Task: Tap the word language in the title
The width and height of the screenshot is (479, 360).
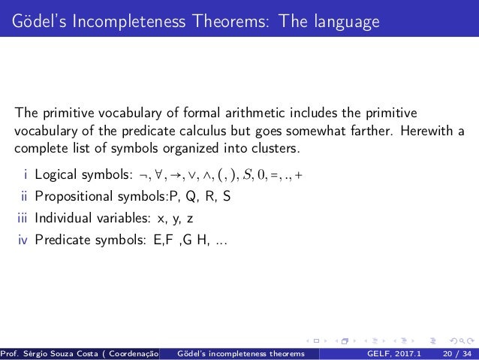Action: coord(338,23)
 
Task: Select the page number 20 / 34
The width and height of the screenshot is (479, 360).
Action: coord(458,353)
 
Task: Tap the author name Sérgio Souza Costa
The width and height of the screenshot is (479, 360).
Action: coord(65,353)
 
